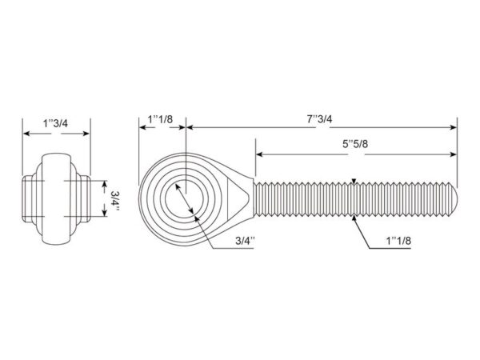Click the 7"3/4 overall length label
point(319,118)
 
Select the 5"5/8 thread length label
point(355,143)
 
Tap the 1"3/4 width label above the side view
point(55,123)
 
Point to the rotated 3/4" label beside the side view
point(115,201)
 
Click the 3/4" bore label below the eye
point(246,240)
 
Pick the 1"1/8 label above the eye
point(161,118)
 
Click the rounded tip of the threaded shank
point(454,198)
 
